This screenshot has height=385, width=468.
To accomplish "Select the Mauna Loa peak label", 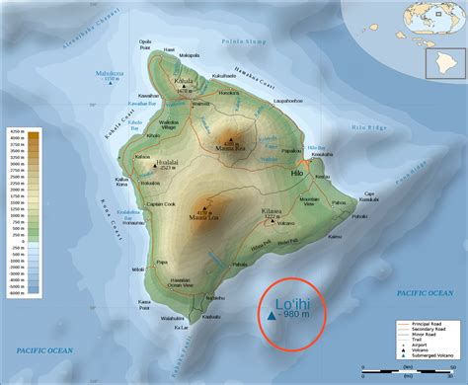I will (207, 217).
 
